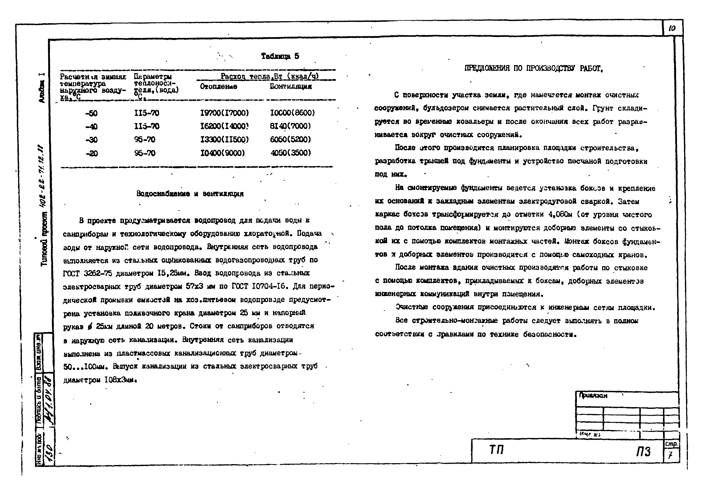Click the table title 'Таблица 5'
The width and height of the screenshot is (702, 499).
280,56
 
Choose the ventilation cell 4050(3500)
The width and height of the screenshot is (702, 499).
291,153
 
